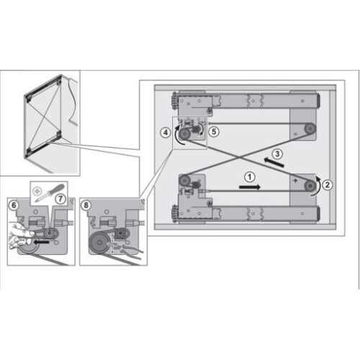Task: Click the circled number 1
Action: (248, 175)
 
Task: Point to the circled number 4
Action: (166, 132)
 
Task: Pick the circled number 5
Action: (212, 132)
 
